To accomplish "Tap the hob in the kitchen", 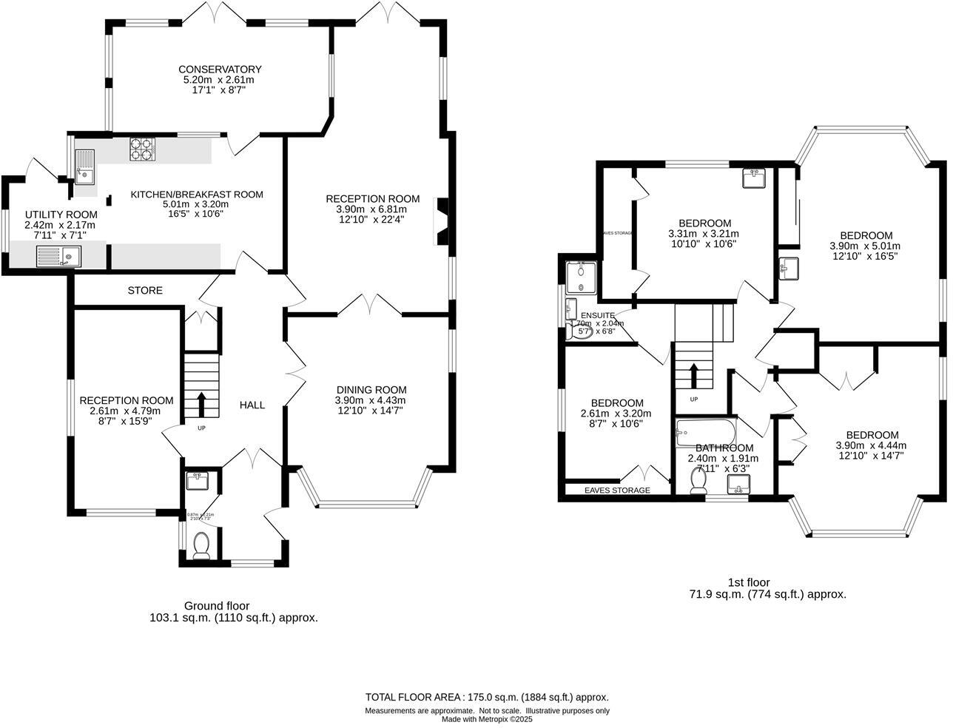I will pyautogui.click(x=143, y=149).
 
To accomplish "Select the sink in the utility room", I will pyautogui.click(x=59, y=256).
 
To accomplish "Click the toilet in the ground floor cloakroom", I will pyautogui.click(x=201, y=546).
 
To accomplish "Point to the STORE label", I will pyautogui.click(x=145, y=291).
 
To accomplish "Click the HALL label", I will pyautogui.click(x=252, y=405).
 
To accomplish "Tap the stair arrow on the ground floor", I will pyautogui.click(x=201, y=404).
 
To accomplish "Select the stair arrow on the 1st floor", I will pyautogui.click(x=694, y=375).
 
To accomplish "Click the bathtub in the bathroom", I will pyautogui.click(x=704, y=431).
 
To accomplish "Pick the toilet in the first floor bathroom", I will pyautogui.click(x=697, y=482).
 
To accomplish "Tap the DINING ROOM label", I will pyautogui.click(x=371, y=390).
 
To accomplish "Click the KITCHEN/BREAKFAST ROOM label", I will pyautogui.click(x=197, y=195).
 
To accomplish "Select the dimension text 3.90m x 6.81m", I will pyautogui.click(x=372, y=209).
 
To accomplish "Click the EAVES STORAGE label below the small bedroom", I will pyautogui.click(x=617, y=491).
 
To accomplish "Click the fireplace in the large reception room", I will pyautogui.click(x=442, y=221).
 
